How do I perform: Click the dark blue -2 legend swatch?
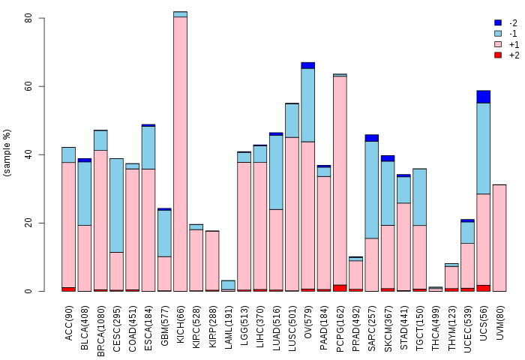pos(498,22)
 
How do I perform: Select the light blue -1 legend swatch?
pos(498,34)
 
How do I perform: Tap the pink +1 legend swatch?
pos(498,44)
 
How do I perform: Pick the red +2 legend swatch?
pos(498,55)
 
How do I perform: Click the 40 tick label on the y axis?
pos(28,154)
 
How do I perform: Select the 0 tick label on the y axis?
pos(28,291)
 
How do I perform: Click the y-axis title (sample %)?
pos(7,152)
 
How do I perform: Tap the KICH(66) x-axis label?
pos(181,324)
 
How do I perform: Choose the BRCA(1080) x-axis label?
pos(100,331)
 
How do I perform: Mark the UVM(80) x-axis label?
pos(499,322)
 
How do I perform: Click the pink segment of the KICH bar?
pos(181,154)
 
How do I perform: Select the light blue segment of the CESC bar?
pos(116,205)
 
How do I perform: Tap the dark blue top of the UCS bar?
pos(484,97)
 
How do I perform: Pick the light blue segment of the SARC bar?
pos(372,190)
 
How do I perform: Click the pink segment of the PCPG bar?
pos(340,181)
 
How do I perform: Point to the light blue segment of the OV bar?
pos(308,105)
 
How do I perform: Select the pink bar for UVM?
pos(499,238)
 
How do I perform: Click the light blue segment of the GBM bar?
pos(164,233)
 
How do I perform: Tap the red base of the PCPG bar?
pos(340,288)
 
